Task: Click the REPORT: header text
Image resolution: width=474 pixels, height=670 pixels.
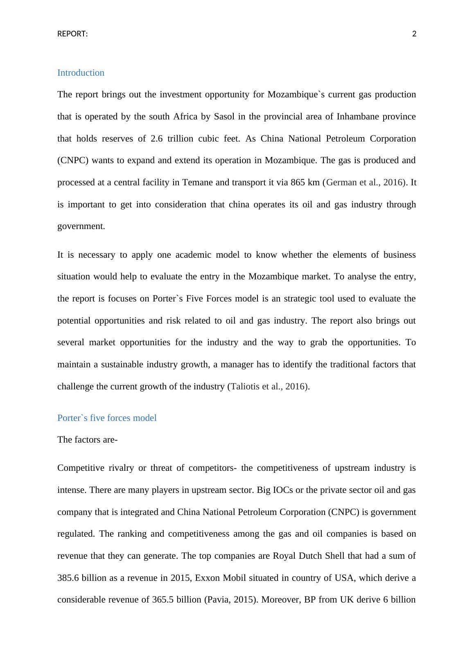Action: (x=72, y=34)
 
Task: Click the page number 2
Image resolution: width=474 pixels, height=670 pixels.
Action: (x=414, y=34)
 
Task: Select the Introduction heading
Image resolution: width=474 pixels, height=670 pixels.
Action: (x=81, y=73)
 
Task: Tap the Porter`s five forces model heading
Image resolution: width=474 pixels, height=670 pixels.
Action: (x=107, y=418)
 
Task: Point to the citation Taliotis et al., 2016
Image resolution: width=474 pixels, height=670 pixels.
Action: (x=269, y=387)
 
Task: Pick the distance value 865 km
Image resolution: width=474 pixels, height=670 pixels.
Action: (x=305, y=182)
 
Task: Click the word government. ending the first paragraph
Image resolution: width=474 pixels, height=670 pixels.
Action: (x=81, y=226)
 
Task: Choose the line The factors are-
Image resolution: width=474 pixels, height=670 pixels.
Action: (x=88, y=440)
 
